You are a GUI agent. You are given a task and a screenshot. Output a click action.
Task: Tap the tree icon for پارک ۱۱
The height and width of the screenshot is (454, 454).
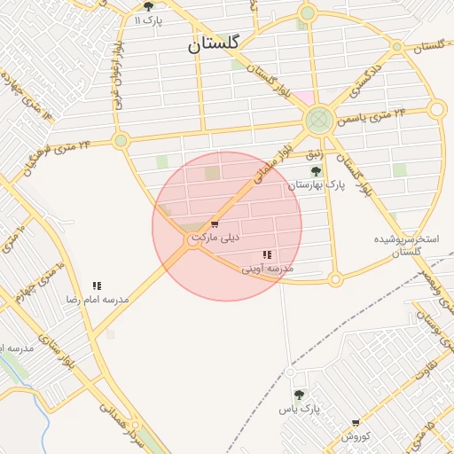pos(148,6)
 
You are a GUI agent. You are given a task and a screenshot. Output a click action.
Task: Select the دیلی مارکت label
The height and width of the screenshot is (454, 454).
pos(215,238)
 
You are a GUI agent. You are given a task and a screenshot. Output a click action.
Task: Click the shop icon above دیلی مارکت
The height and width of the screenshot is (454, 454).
pos(215,224)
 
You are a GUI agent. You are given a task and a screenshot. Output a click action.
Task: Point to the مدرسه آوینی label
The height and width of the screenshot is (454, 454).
pos(268,268)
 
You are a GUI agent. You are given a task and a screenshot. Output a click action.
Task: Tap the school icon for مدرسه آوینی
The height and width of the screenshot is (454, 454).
pos(268,255)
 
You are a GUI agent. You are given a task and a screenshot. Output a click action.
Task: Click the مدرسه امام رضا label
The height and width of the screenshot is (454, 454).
pos(97,300)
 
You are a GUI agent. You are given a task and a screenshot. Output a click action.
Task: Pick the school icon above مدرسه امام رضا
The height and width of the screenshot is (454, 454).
pos(97,286)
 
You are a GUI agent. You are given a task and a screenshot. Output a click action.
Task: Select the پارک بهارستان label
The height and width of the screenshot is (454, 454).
pos(316,185)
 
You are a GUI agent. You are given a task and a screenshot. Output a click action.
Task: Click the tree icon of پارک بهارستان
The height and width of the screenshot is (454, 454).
pos(316,171)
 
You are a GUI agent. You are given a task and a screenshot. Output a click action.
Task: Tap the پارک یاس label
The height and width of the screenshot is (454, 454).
pos(298,409)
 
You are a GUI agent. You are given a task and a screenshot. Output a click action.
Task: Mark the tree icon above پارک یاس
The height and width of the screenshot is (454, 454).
pos(298,395)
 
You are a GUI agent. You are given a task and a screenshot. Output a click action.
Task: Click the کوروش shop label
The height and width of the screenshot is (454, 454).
pos(355,436)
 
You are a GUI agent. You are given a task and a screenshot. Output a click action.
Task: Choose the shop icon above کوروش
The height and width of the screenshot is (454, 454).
pos(356,424)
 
